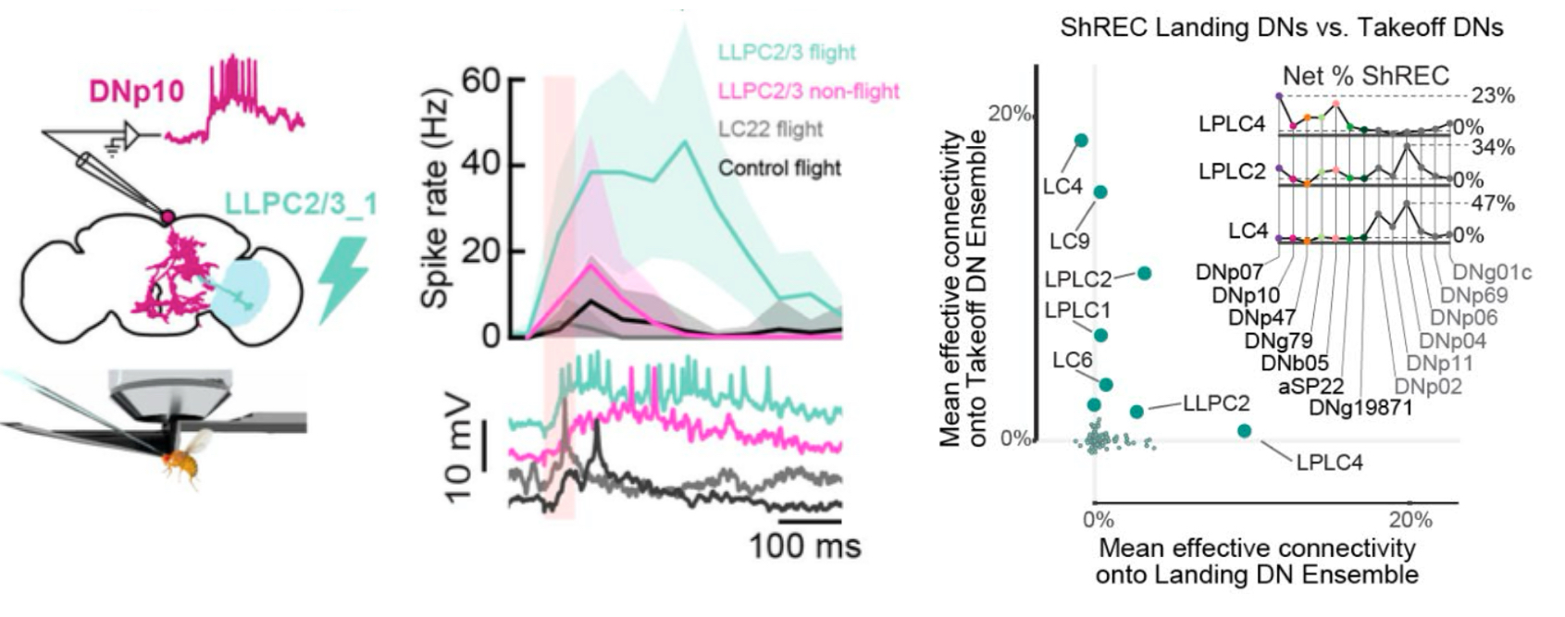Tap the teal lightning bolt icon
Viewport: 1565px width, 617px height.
tap(343, 278)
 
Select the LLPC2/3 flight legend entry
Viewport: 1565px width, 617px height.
tap(787, 53)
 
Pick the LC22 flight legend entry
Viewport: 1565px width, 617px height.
tap(771, 130)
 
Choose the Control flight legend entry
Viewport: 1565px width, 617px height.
tap(779, 168)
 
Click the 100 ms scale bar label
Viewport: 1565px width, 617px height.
tap(804, 546)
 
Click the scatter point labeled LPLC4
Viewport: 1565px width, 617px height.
tap(1244, 430)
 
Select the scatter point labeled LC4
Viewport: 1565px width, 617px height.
tap(1080, 141)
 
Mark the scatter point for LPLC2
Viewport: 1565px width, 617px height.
tap(1144, 273)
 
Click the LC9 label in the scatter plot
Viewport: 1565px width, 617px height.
tap(1069, 241)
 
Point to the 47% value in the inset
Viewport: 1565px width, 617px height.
tap(1492, 204)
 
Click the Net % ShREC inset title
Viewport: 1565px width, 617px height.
tap(1365, 76)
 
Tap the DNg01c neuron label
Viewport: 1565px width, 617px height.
tap(1491, 272)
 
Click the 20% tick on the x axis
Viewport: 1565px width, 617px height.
tap(1410, 520)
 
